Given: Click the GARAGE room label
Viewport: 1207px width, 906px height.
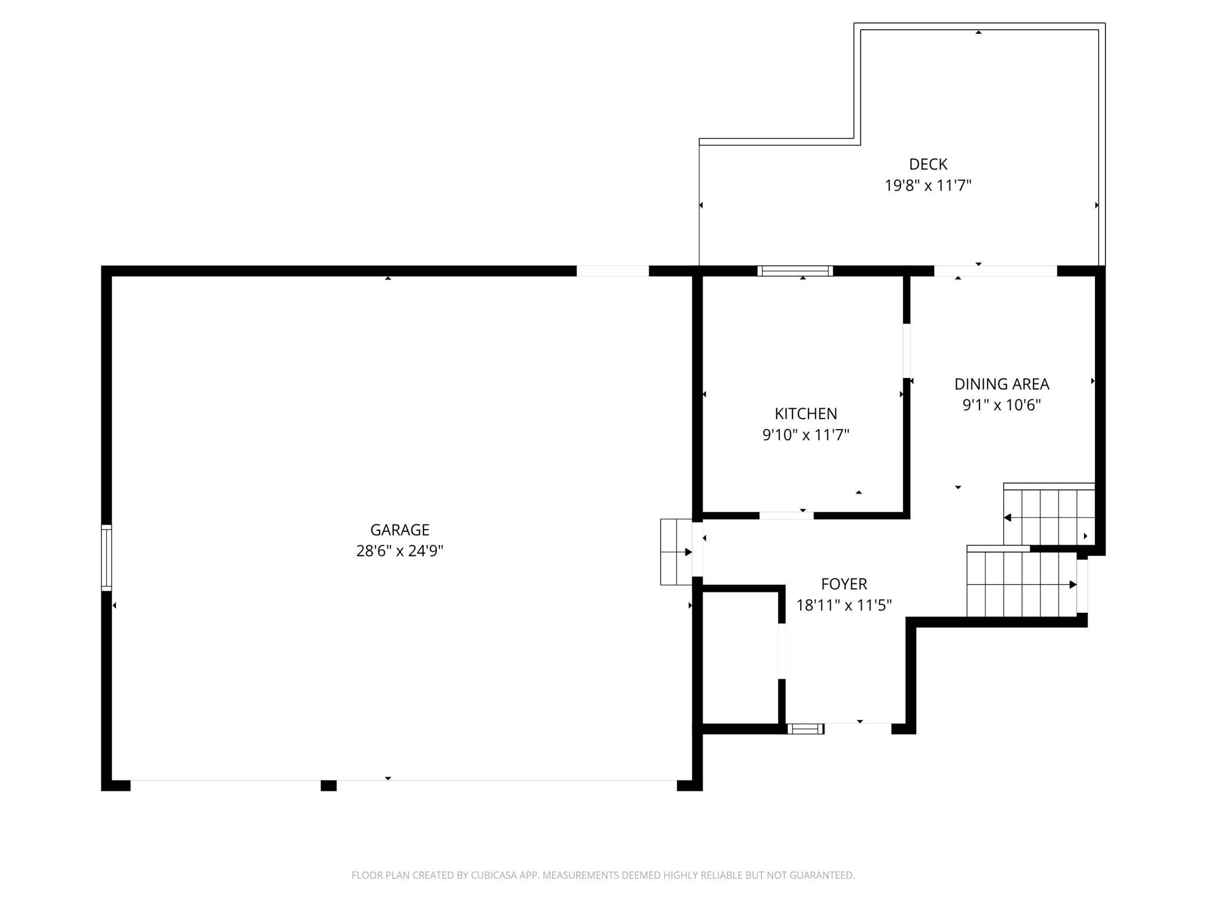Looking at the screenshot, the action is click(400, 530).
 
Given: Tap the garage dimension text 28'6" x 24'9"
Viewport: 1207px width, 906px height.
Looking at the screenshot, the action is click(400, 551).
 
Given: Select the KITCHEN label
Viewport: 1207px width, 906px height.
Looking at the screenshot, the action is click(806, 414).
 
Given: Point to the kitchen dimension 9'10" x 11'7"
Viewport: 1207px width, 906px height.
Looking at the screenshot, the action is click(806, 434).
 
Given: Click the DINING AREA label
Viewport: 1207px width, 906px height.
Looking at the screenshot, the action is click(1002, 384).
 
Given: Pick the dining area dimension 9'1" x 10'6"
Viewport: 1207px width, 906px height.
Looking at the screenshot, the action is click(1002, 405).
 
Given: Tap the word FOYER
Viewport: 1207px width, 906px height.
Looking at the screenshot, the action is click(844, 584).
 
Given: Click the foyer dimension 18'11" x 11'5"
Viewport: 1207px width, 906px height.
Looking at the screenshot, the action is click(844, 605).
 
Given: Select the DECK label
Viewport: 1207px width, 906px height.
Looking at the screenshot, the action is click(928, 164).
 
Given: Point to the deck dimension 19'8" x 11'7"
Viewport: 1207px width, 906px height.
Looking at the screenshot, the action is click(928, 185).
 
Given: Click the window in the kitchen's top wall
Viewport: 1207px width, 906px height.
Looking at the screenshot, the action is click(795, 271).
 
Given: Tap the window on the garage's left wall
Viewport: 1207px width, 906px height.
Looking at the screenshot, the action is click(106, 558).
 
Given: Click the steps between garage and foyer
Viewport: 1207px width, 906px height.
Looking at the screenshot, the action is click(676, 552).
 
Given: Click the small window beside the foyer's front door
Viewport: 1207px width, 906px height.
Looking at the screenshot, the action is click(805, 728).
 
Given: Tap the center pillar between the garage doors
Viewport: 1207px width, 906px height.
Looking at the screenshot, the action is click(328, 785).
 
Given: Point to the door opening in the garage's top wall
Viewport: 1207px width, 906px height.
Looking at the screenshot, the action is click(612, 271).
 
